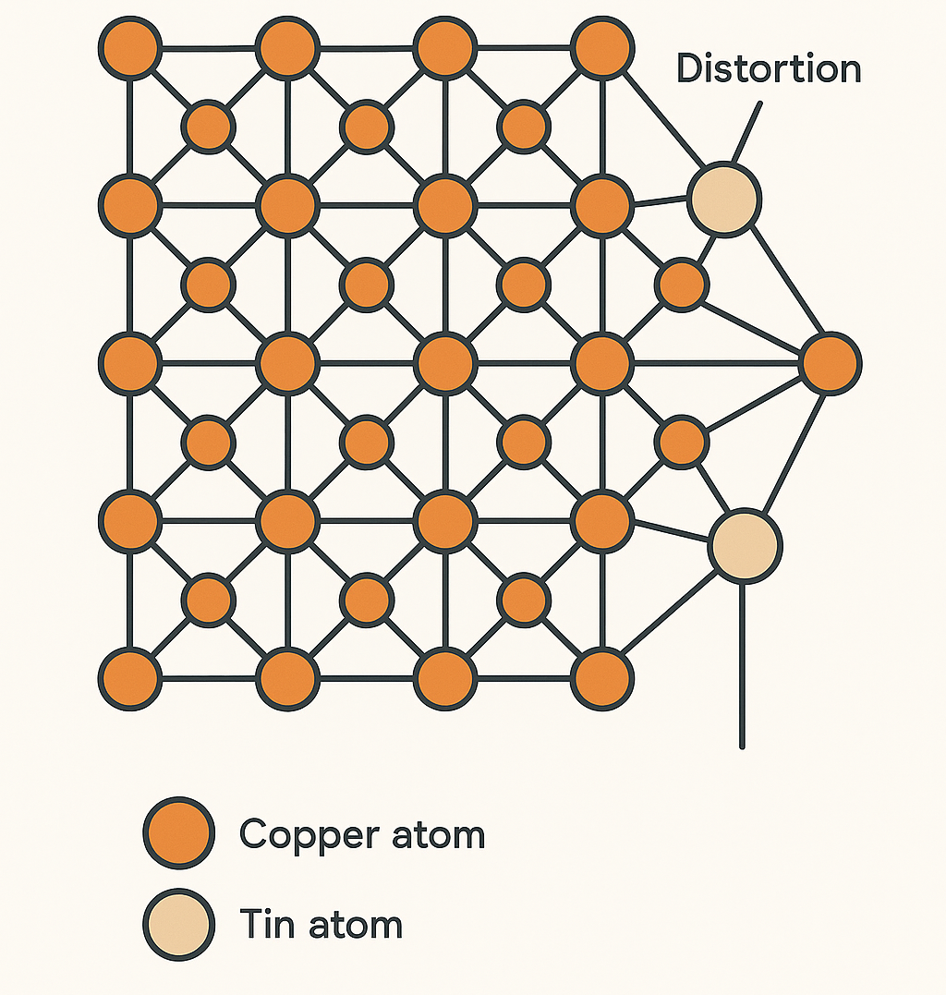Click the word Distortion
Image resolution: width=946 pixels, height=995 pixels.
point(769,70)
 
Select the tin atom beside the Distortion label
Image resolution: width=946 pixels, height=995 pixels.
point(724,199)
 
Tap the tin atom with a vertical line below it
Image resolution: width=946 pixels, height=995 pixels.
point(745,545)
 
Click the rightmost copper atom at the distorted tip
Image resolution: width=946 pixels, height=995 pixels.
point(831,363)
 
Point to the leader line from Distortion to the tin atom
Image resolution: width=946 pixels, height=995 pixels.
point(746,133)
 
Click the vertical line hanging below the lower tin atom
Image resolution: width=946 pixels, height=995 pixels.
point(742,665)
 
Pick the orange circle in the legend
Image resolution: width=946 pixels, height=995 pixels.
point(178,833)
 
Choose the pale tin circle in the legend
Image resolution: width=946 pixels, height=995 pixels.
point(178,925)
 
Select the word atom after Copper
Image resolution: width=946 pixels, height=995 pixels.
point(438,835)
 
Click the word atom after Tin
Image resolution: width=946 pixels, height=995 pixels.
point(357,925)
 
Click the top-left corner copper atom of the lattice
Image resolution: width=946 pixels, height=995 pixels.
point(130,49)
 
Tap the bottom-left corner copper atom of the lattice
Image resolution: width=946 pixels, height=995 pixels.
point(130,679)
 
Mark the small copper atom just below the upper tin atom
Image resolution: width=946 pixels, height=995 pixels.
point(683,285)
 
